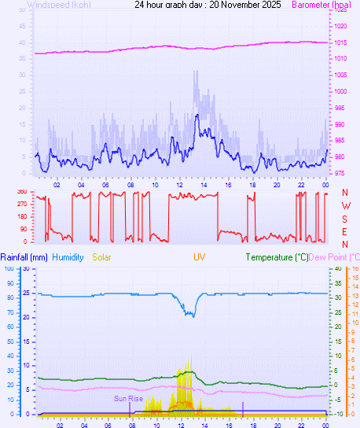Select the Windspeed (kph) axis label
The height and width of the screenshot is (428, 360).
[x=59, y=5]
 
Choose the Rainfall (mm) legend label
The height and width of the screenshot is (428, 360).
[x=24, y=257]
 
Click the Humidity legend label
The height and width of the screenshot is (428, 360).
[x=68, y=257]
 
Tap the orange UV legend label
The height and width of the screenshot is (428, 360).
[x=200, y=257]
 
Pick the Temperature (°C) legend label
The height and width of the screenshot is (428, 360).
[x=277, y=257]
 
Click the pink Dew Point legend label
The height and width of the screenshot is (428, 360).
[x=333, y=257]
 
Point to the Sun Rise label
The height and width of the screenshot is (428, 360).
[x=128, y=399]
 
